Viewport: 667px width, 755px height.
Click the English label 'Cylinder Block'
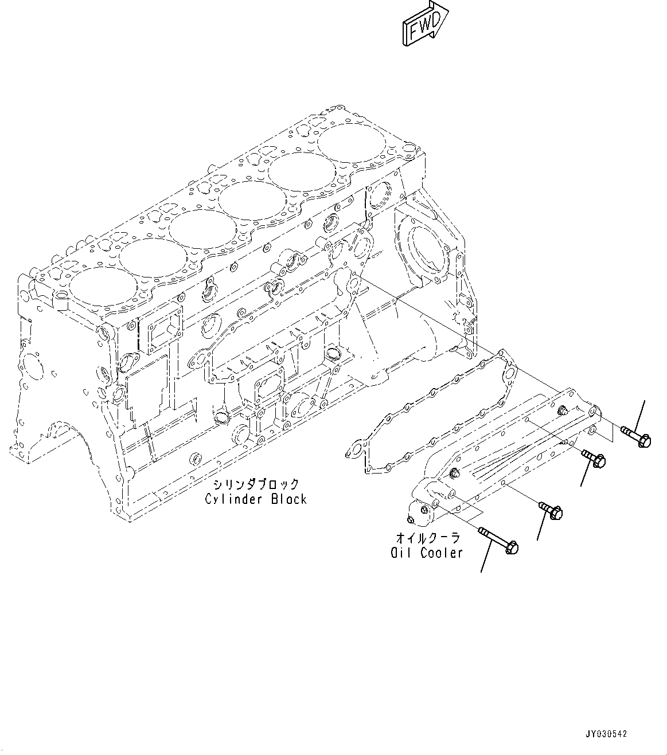255,499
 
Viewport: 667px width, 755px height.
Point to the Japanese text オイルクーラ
427,538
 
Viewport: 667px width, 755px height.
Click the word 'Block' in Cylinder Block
289,499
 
